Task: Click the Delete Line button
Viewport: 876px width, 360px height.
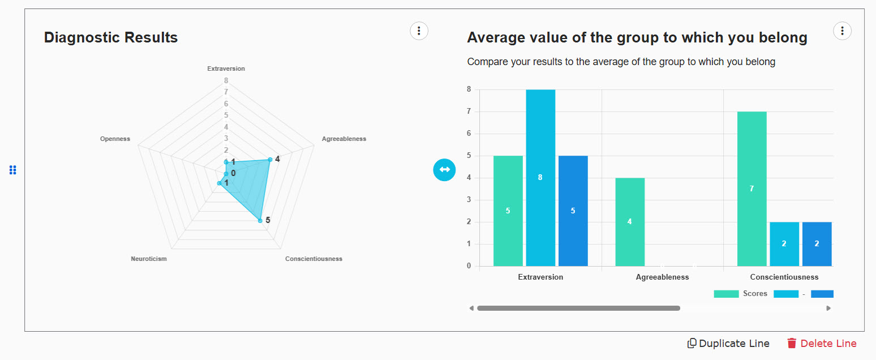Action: (822, 344)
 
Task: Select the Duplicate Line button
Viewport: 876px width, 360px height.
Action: (728, 344)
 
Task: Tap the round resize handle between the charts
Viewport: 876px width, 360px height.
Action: (444, 169)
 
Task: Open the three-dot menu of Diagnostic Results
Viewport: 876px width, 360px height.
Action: (419, 31)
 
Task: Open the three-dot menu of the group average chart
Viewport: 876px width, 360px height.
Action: (842, 31)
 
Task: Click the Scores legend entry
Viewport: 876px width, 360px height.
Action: (741, 294)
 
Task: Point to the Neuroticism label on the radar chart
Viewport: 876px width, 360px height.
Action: (149, 259)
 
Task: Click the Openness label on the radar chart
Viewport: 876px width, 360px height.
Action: (115, 139)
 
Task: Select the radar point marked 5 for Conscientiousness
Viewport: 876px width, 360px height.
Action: (260, 220)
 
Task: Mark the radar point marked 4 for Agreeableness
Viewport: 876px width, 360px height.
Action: (270, 160)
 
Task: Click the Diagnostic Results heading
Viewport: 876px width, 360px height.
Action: (111, 38)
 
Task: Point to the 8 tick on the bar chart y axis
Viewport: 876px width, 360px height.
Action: (469, 89)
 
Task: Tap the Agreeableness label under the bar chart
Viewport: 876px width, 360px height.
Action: (662, 277)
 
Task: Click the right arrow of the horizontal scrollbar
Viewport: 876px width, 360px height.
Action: (828, 308)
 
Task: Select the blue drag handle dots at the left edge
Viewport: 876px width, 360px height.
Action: (13, 170)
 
